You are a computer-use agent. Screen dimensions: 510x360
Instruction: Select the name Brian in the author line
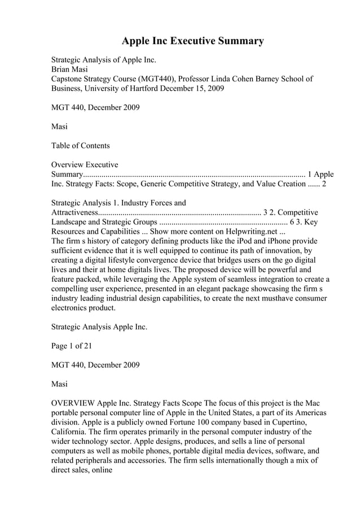[62, 69]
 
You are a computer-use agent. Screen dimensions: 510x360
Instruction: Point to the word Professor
[201, 79]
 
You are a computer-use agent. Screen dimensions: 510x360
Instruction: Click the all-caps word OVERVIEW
[73, 403]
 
